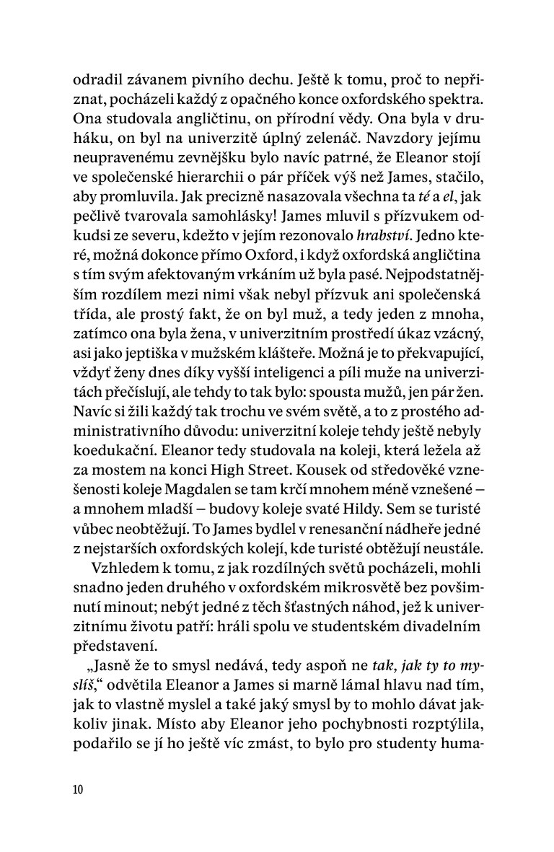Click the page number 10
[x=78, y=789]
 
